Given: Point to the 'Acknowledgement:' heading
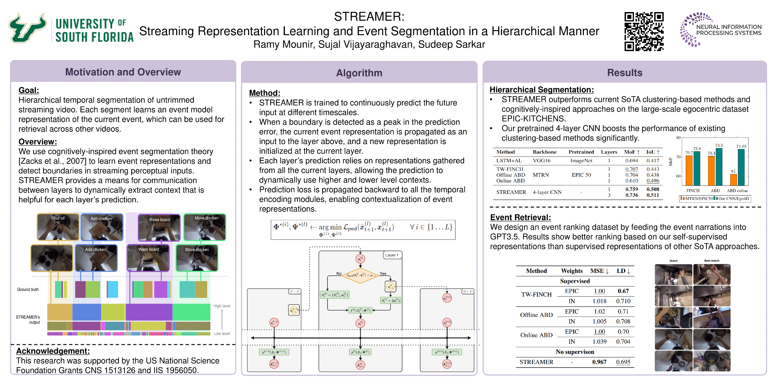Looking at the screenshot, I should click(x=53, y=351).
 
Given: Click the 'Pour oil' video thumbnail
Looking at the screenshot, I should click(x=58, y=227).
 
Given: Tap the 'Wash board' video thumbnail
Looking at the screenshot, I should click(x=148, y=258).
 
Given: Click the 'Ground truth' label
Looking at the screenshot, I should click(x=28, y=289).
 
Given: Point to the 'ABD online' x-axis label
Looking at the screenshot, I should click(x=737, y=191).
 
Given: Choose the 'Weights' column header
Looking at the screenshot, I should click(x=572, y=271).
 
